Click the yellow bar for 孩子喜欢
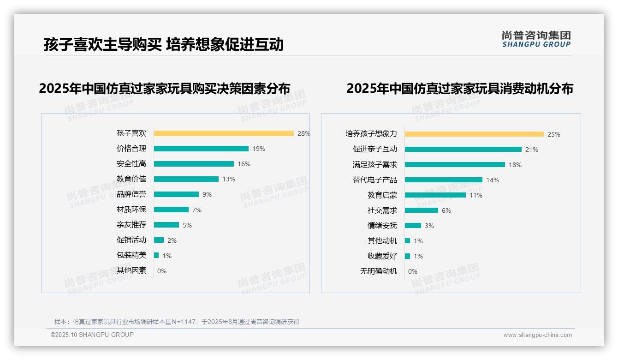(x=224, y=133)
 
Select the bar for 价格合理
(x=201, y=149)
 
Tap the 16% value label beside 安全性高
(x=244, y=164)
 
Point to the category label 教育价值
(x=131, y=179)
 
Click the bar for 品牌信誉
(x=176, y=194)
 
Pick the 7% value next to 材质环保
(x=197, y=210)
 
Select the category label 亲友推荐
(x=131, y=225)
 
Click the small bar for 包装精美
(x=156, y=255)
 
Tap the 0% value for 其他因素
(x=162, y=271)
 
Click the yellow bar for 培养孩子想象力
(x=474, y=134)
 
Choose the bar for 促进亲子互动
(x=463, y=150)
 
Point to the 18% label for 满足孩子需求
(x=515, y=165)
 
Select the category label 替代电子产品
(x=375, y=180)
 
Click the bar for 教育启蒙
(x=435, y=195)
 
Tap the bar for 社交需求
(x=422, y=210)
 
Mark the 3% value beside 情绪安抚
(x=429, y=226)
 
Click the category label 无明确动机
(x=379, y=271)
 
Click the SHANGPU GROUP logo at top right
(x=536, y=39)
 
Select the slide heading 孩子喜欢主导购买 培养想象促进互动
(x=164, y=44)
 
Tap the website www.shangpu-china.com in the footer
(x=537, y=335)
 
